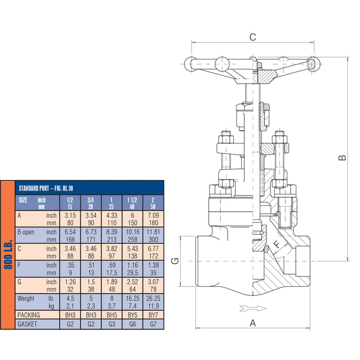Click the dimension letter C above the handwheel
point(253,37)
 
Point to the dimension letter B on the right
point(343,157)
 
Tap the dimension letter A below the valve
point(253,323)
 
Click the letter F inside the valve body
point(276,244)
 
